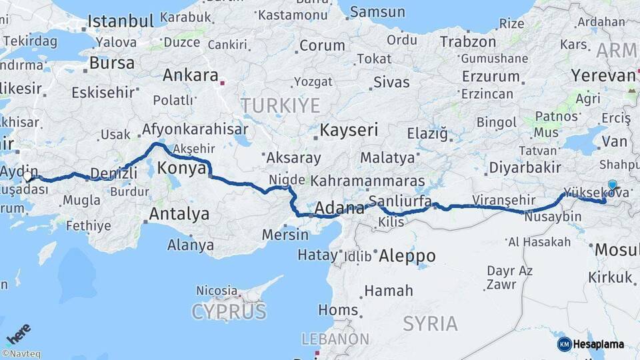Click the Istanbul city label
pyautogui.click(x=121, y=21)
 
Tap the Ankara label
pyautogui.click(x=190, y=75)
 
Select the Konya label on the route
pyautogui.click(x=182, y=169)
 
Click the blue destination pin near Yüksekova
pyautogui.click(x=612, y=186)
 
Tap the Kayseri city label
pyautogui.click(x=349, y=129)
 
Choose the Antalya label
pyautogui.click(x=179, y=214)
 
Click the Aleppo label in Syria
pyautogui.click(x=407, y=255)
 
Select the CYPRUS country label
pyautogui.click(x=229, y=311)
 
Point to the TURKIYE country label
pyautogui.click(x=280, y=105)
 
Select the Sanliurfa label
pyautogui.click(x=399, y=201)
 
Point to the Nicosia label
pyautogui.click(x=217, y=291)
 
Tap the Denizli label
pyautogui.click(x=113, y=173)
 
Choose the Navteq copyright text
pyautogui.click(x=21, y=354)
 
